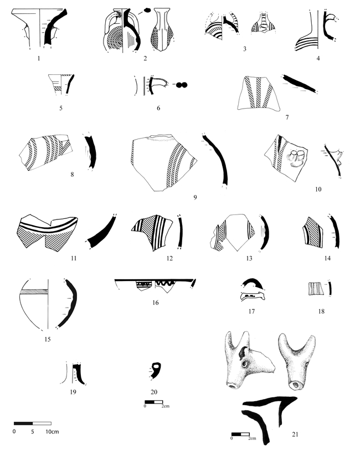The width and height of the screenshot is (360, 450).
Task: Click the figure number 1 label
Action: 39,59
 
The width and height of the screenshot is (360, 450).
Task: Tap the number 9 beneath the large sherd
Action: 195,197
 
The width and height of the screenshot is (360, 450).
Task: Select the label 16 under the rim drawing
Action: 155,303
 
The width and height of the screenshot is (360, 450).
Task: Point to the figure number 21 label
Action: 295,434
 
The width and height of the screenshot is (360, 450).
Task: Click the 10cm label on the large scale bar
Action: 52,431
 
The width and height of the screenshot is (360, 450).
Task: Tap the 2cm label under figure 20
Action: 166,406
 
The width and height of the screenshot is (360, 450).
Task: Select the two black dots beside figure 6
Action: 181,85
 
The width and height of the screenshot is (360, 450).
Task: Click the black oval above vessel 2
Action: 147,10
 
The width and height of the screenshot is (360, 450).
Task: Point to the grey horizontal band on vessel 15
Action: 34,292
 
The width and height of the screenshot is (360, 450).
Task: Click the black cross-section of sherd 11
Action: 100,232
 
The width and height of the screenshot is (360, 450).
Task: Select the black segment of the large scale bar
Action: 23,423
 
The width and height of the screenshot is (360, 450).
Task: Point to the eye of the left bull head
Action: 245,364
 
